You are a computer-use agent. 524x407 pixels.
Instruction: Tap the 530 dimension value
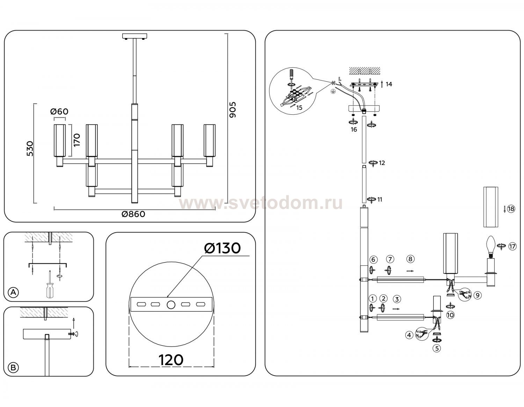[x=30, y=149]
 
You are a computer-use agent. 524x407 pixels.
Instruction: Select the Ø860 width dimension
[x=133, y=214]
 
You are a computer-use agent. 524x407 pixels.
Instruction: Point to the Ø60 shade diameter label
[x=59, y=112]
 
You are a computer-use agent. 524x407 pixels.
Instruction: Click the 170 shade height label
[x=77, y=140]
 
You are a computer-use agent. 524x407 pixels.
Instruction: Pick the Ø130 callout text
[x=223, y=248]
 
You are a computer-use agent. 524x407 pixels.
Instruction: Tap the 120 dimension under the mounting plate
[x=171, y=360]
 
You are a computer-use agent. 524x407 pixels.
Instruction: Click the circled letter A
[x=13, y=292]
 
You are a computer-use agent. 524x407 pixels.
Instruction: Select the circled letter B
[x=13, y=367]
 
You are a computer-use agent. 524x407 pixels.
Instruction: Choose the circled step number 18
[x=511, y=209]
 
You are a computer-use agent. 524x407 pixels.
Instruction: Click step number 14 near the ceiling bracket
[x=389, y=84]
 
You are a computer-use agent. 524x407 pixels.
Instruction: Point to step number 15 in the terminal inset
[x=299, y=108]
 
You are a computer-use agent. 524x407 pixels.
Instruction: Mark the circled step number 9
[x=478, y=295]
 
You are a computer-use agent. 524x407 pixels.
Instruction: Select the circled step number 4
[x=409, y=335]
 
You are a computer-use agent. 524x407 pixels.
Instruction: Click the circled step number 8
[x=410, y=259]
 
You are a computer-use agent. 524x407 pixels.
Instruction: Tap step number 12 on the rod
[x=382, y=163]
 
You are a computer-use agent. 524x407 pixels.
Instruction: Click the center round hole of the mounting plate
[x=171, y=304]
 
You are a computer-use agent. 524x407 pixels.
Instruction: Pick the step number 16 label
[x=354, y=130]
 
